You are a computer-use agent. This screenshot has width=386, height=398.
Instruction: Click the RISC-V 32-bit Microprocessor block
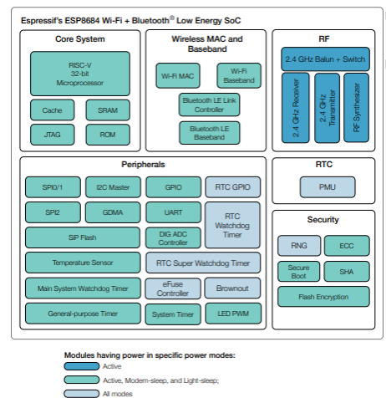click(x=80, y=74)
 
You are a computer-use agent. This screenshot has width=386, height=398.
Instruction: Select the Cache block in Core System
click(x=53, y=110)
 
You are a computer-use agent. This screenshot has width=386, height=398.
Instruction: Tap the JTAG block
click(x=53, y=135)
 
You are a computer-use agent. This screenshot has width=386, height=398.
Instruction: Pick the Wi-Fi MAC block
click(x=178, y=76)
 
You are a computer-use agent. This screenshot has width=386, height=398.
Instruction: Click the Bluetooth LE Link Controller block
click(x=209, y=105)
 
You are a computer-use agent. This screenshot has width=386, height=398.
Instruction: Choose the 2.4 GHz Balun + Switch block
click(x=325, y=59)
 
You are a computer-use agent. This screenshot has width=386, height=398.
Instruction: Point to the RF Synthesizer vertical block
click(x=357, y=108)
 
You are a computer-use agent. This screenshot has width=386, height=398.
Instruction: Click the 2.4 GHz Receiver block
click(x=296, y=108)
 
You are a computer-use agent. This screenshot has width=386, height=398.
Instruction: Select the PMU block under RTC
click(x=328, y=187)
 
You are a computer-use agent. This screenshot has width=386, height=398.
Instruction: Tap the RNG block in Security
click(x=299, y=246)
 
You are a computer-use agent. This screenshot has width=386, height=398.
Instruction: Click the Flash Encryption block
click(x=323, y=297)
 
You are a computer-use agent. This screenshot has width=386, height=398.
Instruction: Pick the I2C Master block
click(x=113, y=187)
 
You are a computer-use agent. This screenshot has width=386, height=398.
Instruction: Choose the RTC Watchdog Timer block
click(x=232, y=225)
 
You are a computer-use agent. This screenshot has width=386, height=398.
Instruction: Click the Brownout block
click(x=232, y=288)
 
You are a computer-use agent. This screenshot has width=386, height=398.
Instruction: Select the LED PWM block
click(x=233, y=314)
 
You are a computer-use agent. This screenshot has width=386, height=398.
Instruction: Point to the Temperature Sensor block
click(x=83, y=263)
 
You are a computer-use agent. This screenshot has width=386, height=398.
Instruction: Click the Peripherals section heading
click(x=143, y=165)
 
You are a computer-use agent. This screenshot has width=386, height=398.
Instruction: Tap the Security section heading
click(x=323, y=220)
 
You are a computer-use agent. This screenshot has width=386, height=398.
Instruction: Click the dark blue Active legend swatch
click(x=82, y=366)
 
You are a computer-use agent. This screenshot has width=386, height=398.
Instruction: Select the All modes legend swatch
click(x=82, y=394)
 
